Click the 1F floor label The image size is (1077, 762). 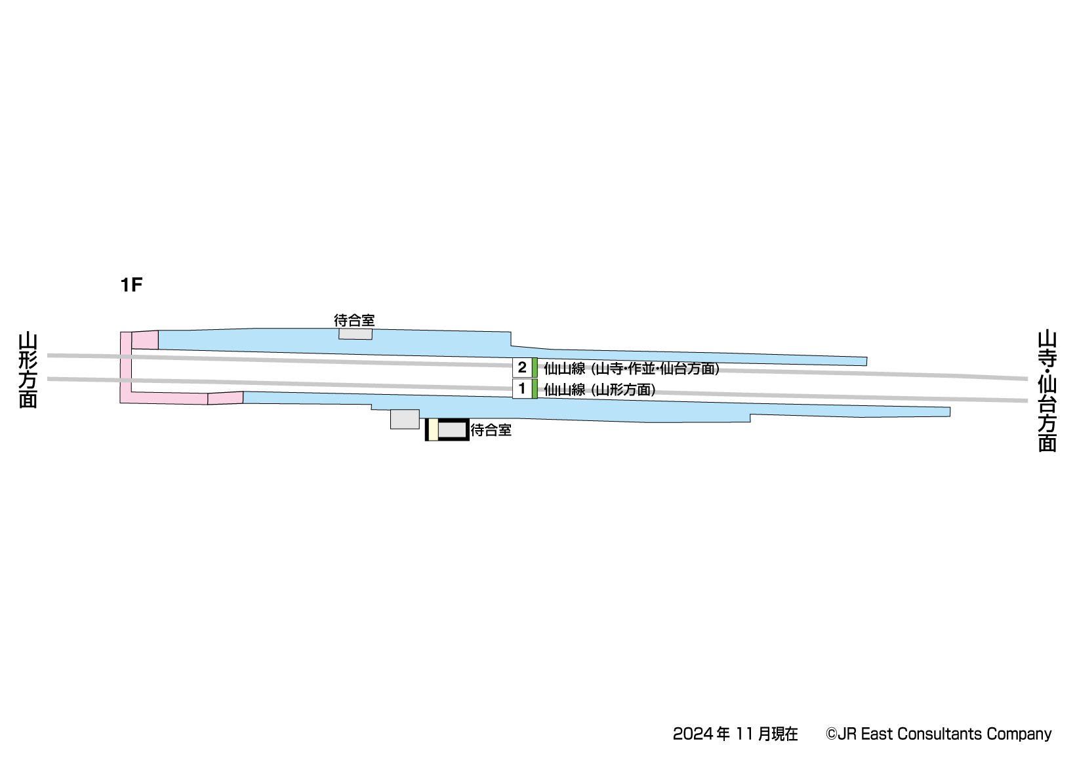[x=131, y=285]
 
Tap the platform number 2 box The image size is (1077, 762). [x=522, y=368]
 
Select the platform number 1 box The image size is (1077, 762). [x=522, y=389]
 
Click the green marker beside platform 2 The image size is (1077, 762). [x=535, y=368]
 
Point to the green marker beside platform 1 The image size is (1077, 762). [x=535, y=389]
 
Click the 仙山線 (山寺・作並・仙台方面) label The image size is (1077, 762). [x=631, y=369]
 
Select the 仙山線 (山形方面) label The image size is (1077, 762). [x=599, y=390]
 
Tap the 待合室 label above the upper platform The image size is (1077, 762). [x=354, y=321]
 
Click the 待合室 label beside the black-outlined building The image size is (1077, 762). [x=491, y=430]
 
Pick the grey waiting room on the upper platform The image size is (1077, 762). [x=356, y=334]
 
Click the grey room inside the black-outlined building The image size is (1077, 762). [x=452, y=430]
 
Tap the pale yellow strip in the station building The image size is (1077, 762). [x=433, y=430]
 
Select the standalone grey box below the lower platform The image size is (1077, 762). [x=405, y=419]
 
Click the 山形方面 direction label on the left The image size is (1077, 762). [x=28, y=371]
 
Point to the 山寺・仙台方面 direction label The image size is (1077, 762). [x=1047, y=391]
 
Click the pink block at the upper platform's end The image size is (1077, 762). [x=145, y=340]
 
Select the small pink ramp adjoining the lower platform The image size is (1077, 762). [x=226, y=398]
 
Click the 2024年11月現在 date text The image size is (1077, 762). [x=735, y=734]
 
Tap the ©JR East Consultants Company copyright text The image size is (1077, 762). [x=939, y=734]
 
